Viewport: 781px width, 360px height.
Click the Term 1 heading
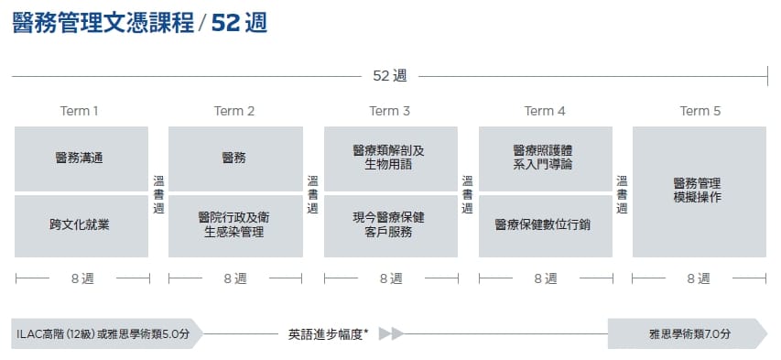click(x=79, y=111)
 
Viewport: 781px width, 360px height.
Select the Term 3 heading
click(x=389, y=111)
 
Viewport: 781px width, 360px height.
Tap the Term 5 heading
click(x=700, y=111)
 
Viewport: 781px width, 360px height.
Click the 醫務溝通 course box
click(x=81, y=159)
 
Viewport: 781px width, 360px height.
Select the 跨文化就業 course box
click(x=81, y=226)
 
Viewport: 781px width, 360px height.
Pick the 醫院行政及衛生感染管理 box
click(x=235, y=226)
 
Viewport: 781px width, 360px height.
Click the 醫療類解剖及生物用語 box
click(x=391, y=159)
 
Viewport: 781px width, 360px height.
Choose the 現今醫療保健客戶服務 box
click(x=391, y=226)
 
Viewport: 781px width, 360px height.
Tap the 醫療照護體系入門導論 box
click(x=546, y=159)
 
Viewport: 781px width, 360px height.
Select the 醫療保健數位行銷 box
click(x=546, y=226)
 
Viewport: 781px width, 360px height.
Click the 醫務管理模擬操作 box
click(x=700, y=192)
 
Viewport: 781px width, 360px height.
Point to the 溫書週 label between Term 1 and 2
click(x=158, y=194)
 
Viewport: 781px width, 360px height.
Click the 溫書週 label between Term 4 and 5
click(x=622, y=194)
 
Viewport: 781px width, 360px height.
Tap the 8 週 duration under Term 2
click(x=235, y=278)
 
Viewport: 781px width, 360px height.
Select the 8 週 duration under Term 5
click(x=699, y=278)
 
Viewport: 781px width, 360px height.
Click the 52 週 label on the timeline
click(x=390, y=76)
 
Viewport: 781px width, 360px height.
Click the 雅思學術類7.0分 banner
click(x=688, y=333)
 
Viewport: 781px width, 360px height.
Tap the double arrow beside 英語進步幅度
click(x=391, y=333)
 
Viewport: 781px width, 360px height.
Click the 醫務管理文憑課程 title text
click(x=103, y=23)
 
